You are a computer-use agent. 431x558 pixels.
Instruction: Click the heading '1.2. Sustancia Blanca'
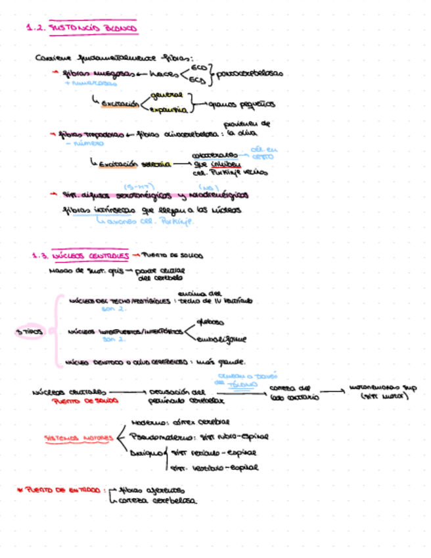point(82,29)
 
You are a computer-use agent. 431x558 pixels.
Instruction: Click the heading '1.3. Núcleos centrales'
point(79,255)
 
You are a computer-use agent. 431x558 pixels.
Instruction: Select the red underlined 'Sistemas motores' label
point(78,438)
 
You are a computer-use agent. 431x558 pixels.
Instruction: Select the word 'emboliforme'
point(221,340)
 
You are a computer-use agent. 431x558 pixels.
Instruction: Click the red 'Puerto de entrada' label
point(64,490)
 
